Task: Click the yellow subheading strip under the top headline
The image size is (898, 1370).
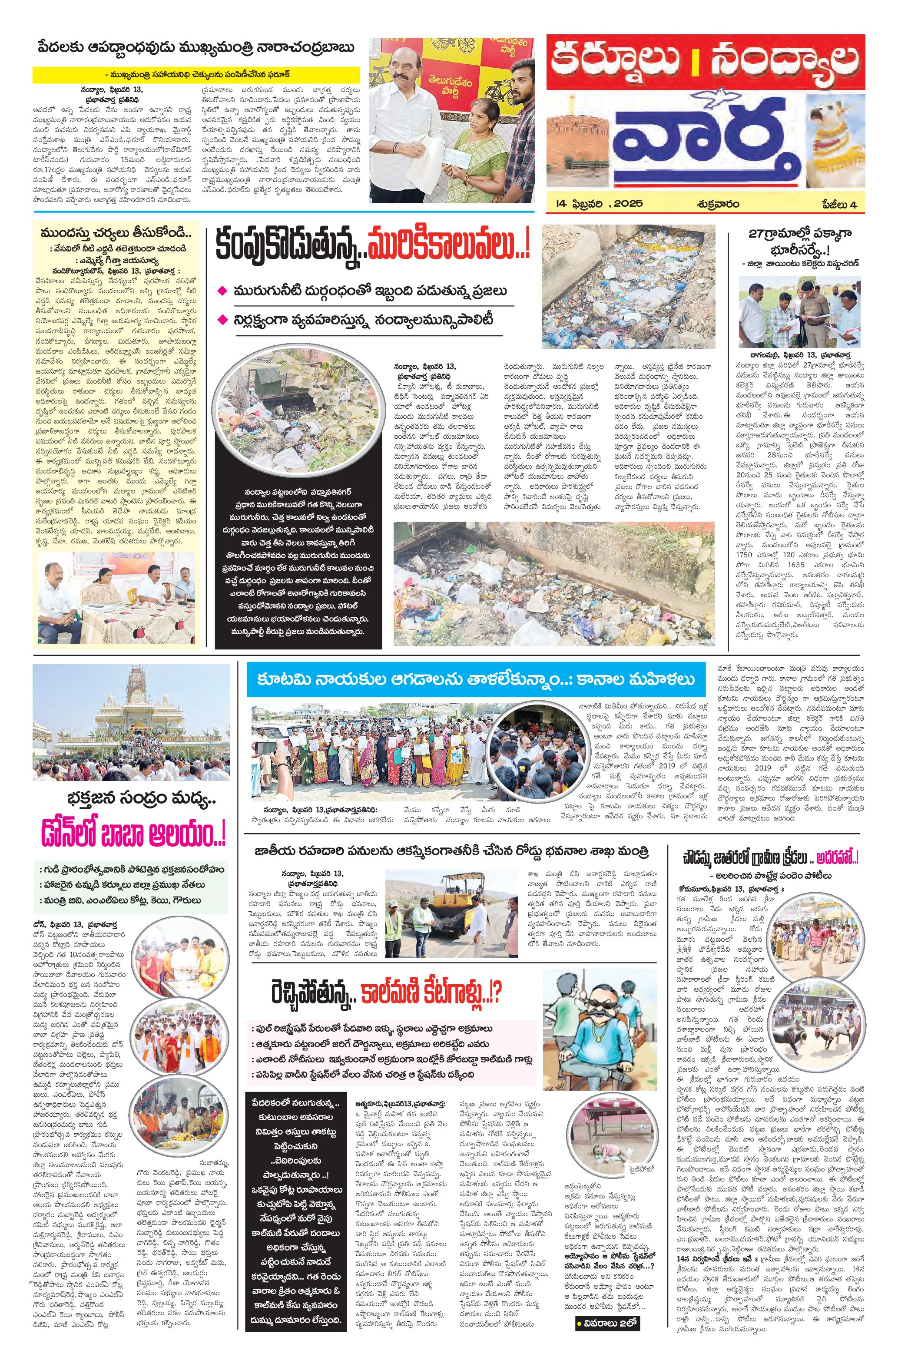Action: pos(196,74)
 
